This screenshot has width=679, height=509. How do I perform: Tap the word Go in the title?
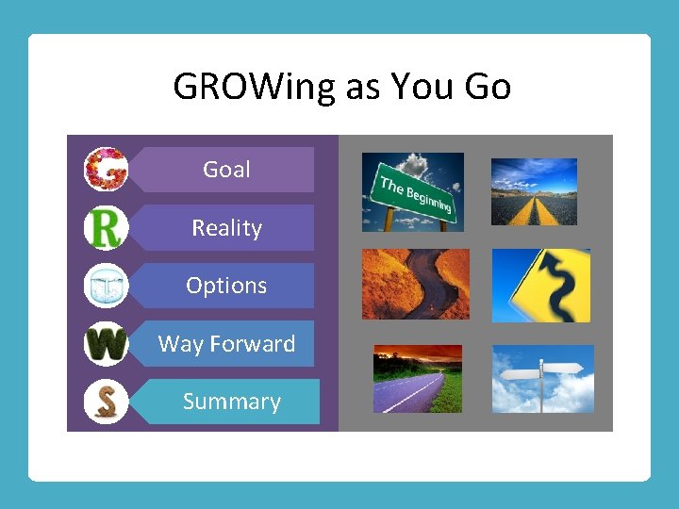(x=488, y=87)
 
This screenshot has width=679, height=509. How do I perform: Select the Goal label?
(x=226, y=170)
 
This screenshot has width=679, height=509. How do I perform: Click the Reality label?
(x=226, y=228)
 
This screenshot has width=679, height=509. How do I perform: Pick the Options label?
(x=226, y=286)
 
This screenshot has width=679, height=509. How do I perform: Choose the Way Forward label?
(x=226, y=344)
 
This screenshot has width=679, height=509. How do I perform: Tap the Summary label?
(x=231, y=402)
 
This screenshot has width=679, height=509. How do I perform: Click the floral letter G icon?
(x=106, y=170)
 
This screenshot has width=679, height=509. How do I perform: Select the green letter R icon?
(x=106, y=228)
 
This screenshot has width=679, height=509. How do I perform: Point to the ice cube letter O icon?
(x=106, y=286)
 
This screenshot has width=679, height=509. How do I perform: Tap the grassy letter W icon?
(x=106, y=344)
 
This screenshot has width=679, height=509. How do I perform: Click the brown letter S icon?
(x=106, y=402)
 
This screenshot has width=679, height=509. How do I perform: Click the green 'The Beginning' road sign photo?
(x=413, y=192)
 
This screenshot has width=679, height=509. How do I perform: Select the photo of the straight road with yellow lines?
(x=534, y=191)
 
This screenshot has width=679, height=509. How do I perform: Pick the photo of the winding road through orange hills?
(x=415, y=284)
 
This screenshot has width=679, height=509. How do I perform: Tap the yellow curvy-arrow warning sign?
(x=541, y=286)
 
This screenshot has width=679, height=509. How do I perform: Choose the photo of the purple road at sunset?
(x=418, y=379)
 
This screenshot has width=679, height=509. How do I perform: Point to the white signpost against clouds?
(x=543, y=379)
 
